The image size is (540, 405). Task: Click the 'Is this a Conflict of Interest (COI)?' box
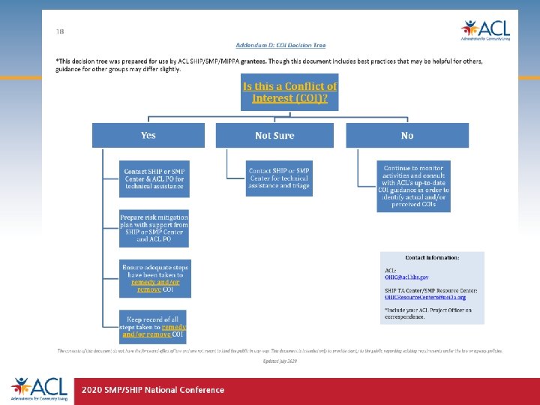coord(289,91)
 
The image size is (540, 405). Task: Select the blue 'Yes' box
coord(148,135)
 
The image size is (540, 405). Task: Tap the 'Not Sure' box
coord(274,135)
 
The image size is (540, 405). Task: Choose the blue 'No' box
coord(407,135)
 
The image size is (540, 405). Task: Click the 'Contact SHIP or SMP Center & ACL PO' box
coord(154,178)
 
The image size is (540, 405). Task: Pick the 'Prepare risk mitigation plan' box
coord(154,228)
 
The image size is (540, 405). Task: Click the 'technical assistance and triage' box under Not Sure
coord(279,178)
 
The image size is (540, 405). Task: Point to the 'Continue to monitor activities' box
coord(413,186)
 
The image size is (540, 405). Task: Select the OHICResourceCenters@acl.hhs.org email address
coord(425,297)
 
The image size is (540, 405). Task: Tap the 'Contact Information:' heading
coord(432,258)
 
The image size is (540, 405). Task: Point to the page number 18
coord(60,31)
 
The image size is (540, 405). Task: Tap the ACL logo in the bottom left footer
coord(39,388)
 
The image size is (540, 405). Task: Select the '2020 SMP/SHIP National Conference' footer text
coord(153,389)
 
